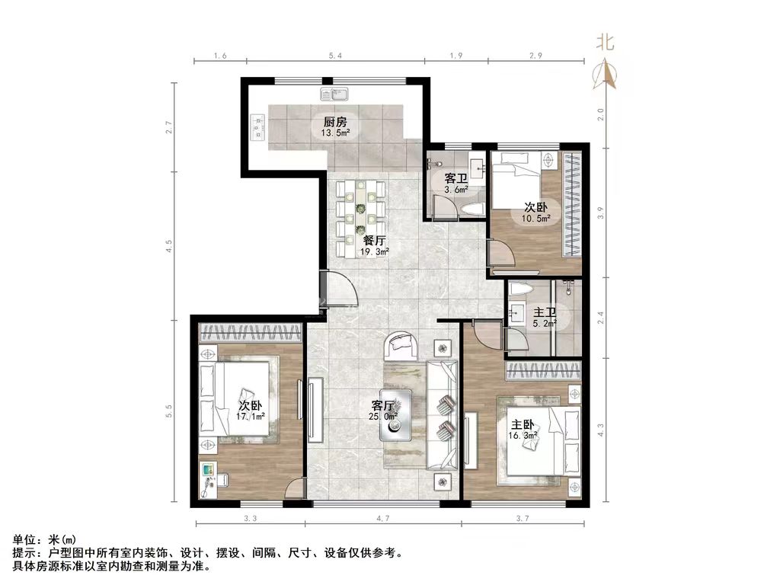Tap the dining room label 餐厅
pos(374,240)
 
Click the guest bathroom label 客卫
pos(456,179)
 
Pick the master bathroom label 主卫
pos(544,312)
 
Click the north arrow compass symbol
pos(607,73)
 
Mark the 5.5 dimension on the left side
pos(171,411)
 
